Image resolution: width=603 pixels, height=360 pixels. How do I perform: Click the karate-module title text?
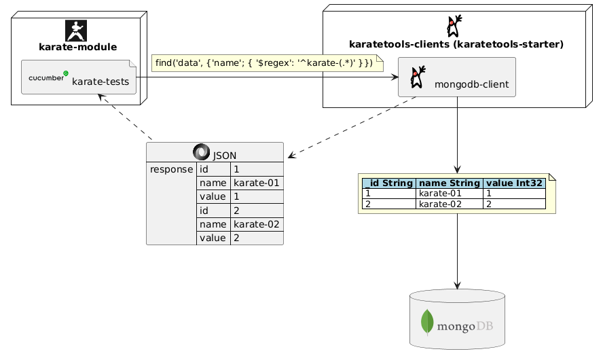(x=78, y=48)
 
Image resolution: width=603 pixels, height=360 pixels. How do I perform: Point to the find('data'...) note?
(x=267, y=63)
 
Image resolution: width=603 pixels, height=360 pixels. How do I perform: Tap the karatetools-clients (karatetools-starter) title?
(x=456, y=45)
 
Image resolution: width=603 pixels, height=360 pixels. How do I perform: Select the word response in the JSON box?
(x=171, y=169)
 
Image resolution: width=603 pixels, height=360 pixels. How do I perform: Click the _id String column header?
(x=389, y=183)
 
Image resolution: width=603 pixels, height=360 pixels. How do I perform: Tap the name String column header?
(x=449, y=183)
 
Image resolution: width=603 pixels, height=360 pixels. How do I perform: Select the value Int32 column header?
(x=514, y=183)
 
